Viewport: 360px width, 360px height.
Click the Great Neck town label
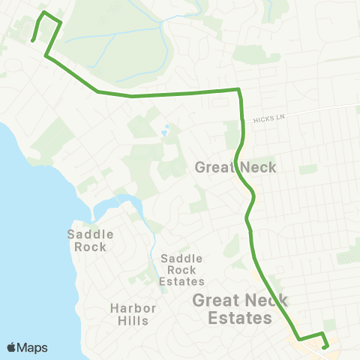coord(235,167)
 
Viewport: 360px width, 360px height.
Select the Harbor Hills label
coord(133,314)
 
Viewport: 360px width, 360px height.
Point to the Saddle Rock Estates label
coord(182,269)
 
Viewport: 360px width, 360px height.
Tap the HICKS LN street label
coord(269,118)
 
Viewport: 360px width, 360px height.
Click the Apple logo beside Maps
coord(11,347)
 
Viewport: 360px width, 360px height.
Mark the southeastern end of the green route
coord(324,346)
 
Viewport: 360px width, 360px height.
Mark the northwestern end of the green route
coord(33,41)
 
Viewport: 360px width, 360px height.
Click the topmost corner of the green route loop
coord(44,13)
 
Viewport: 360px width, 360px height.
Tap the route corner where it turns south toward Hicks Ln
coord(238,90)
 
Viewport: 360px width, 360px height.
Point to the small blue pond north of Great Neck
coord(164,132)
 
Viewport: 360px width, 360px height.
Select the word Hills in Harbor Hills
coord(133,321)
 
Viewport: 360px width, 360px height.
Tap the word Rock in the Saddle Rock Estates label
coord(182,269)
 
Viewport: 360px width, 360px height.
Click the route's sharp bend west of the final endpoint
coord(299,339)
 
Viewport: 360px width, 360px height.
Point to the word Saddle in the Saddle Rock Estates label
coord(182,258)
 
